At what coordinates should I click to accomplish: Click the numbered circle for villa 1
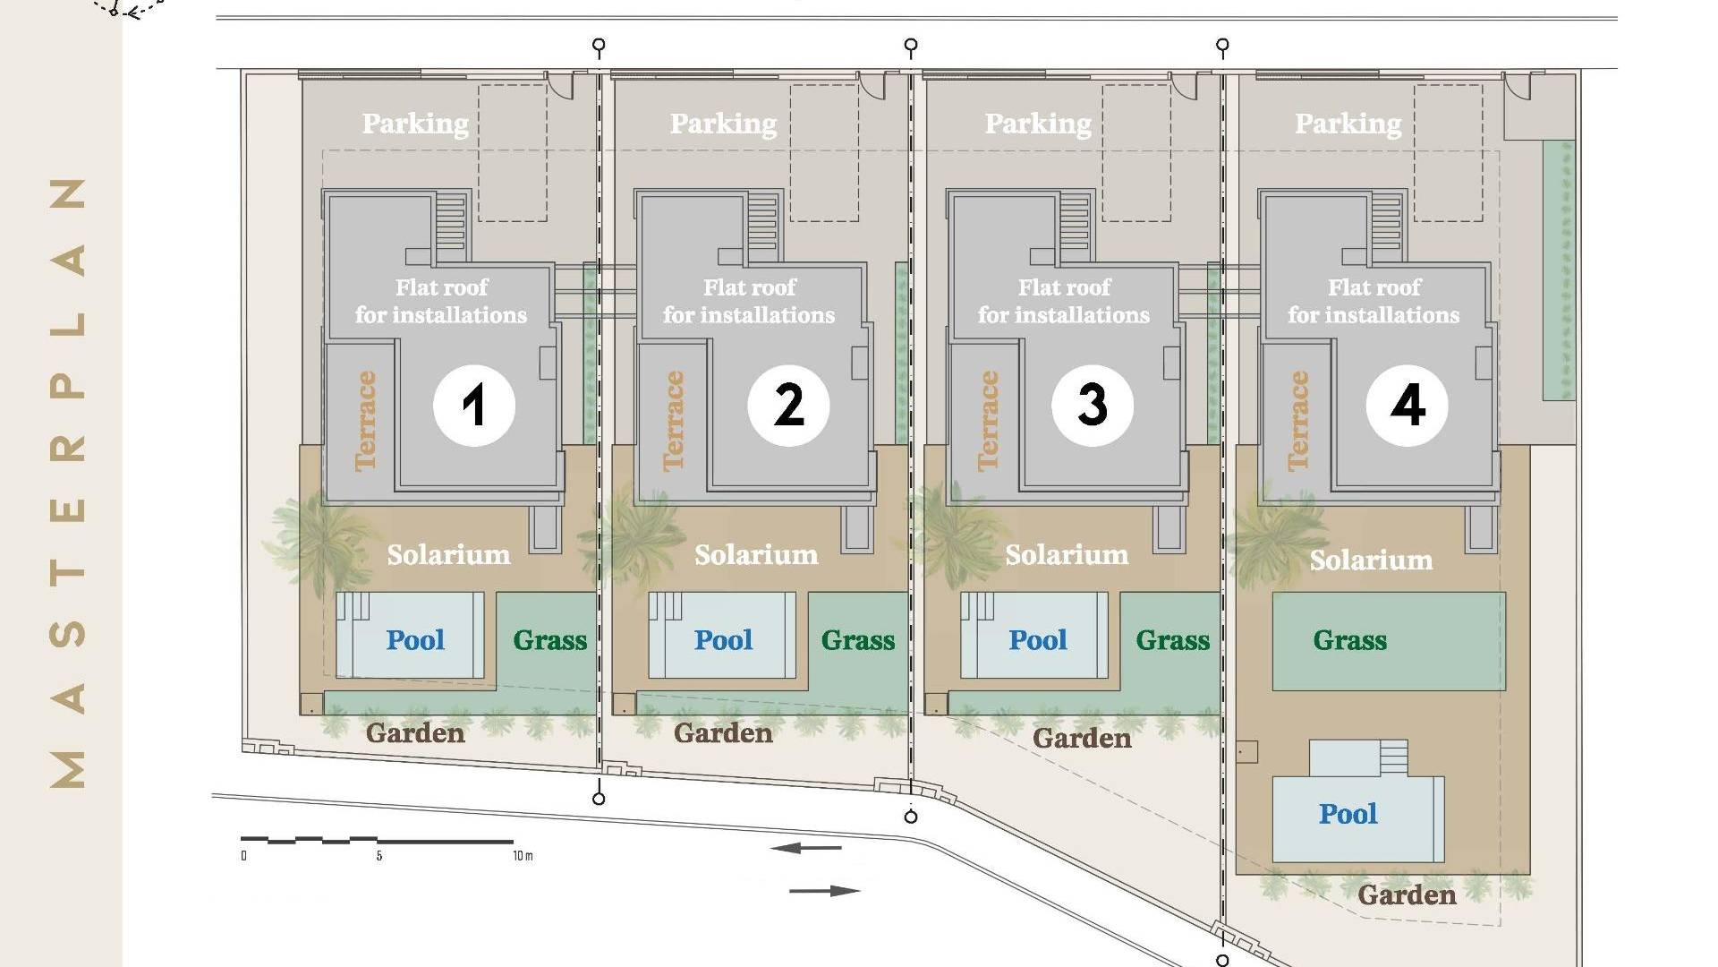tap(474, 406)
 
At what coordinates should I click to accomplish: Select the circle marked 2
tap(788, 406)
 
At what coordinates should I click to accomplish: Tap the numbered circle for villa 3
tap(1093, 406)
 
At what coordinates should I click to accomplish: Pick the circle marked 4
tap(1408, 406)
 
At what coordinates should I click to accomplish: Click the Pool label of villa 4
tap(1348, 814)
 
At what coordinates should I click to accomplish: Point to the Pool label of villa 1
tap(415, 640)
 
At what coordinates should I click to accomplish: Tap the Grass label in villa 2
tap(858, 640)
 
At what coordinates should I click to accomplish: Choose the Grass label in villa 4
tap(1350, 640)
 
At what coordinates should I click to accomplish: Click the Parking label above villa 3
tap(1038, 124)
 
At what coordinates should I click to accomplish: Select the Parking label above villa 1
tap(415, 124)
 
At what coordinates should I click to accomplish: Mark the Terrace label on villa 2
tap(673, 421)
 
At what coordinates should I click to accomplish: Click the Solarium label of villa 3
tap(1067, 555)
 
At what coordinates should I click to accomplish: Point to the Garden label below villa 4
tap(1407, 894)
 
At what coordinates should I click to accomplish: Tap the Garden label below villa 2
tap(723, 733)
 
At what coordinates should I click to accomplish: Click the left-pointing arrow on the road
tap(805, 848)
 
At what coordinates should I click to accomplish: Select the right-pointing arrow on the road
tap(825, 891)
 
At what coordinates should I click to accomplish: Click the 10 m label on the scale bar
tap(523, 856)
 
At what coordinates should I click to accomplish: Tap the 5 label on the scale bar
tap(379, 856)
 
